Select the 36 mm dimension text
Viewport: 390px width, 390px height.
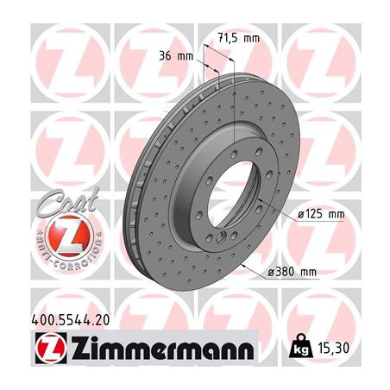[x=178, y=57]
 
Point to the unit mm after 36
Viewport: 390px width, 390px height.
[x=186, y=57]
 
